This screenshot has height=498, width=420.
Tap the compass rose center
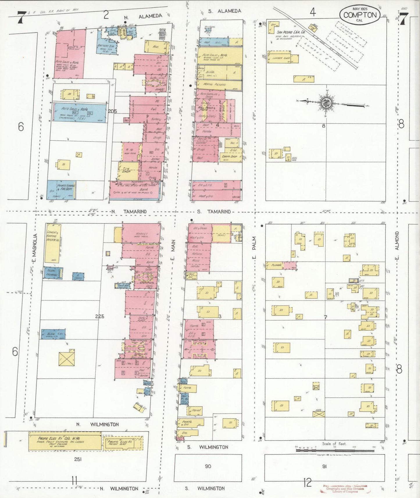point(326,103)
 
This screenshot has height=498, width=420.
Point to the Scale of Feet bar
point(335,450)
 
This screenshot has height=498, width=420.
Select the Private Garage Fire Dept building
point(62,190)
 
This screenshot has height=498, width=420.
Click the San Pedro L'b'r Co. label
point(291,32)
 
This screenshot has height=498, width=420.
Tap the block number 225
point(99,316)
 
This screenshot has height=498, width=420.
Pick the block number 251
point(78,459)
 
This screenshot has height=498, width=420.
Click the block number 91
point(324,466)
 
